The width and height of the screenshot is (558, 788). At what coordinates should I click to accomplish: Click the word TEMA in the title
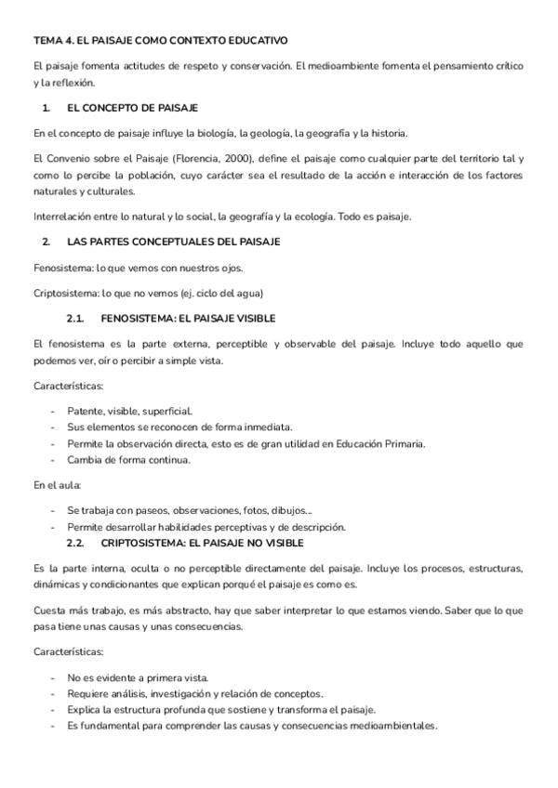coord(46,41)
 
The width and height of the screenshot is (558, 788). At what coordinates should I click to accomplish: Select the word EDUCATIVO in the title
coord(259,41)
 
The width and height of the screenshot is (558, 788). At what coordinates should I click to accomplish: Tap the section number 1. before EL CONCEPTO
coord(46,108)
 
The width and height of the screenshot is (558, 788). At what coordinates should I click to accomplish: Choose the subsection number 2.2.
coord(76,543)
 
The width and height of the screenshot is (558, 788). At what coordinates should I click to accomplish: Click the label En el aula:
coord(58,485)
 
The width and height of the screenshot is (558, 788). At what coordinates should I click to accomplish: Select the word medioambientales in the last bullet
coord(392,727)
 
